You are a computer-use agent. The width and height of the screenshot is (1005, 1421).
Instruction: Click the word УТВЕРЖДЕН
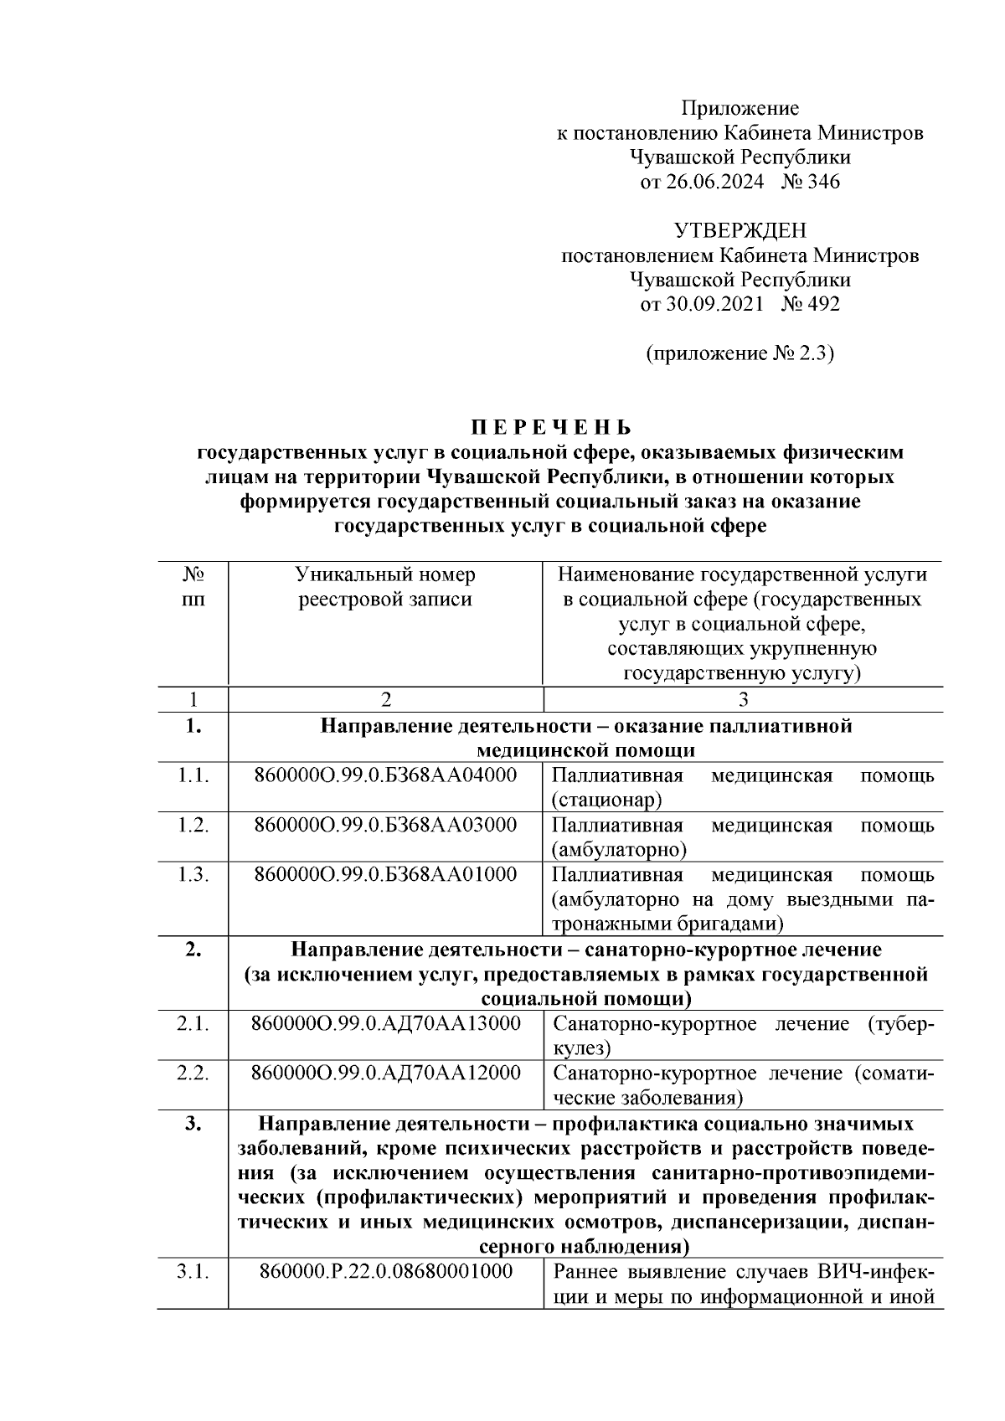(740, 230)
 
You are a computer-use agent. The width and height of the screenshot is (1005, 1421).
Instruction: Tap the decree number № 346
(810, 182)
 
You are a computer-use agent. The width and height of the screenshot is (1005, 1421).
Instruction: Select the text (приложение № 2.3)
(740, 353)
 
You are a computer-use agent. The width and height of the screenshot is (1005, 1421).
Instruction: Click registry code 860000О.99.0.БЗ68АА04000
(385, 775)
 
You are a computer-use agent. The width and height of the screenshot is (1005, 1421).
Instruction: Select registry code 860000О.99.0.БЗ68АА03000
(385, 825)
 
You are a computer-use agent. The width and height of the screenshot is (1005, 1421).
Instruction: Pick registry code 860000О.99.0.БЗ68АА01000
(385, 874)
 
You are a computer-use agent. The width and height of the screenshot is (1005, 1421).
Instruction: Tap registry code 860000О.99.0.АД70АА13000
(385, 1023)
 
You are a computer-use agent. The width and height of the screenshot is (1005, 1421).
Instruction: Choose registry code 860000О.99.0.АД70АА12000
(385, 1073)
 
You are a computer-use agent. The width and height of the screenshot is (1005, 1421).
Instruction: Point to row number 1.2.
(193, 825)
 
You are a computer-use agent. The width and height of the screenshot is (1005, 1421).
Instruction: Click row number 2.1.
(193, 1023)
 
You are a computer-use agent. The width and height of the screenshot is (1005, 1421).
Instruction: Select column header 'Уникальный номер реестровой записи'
(385, 587)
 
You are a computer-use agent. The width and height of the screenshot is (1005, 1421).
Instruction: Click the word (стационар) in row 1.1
(606, 800)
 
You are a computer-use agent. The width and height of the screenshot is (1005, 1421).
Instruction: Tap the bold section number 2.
(193, 950)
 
